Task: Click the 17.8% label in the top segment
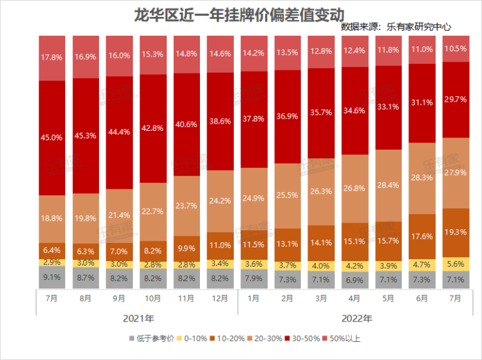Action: (x=51, y=57)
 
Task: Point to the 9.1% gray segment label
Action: (x=51, y=276)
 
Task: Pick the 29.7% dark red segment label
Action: (x=455, y=99)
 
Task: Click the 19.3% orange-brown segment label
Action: (x=455, y=231)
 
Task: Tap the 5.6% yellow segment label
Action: (x=455, y=263)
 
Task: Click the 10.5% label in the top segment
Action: (x=455, y=49)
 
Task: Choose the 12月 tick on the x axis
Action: (x=220, y=298)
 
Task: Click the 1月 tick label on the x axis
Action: (x=253, y=298)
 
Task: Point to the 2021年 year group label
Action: (x=138, y=318)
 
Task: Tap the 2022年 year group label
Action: (x=356, y=318)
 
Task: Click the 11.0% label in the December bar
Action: (x=220, y=245)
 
